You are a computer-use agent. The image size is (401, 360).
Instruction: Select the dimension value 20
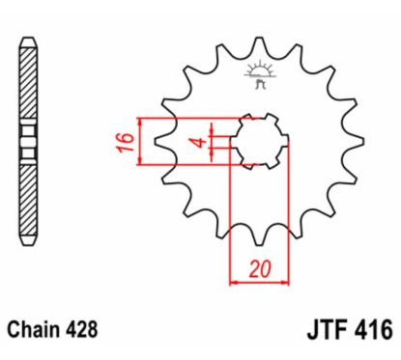coord(258,267)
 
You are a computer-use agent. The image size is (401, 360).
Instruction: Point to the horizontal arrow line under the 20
coord(259,283)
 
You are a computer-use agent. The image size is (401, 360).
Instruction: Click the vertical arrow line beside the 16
coord(142,141)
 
